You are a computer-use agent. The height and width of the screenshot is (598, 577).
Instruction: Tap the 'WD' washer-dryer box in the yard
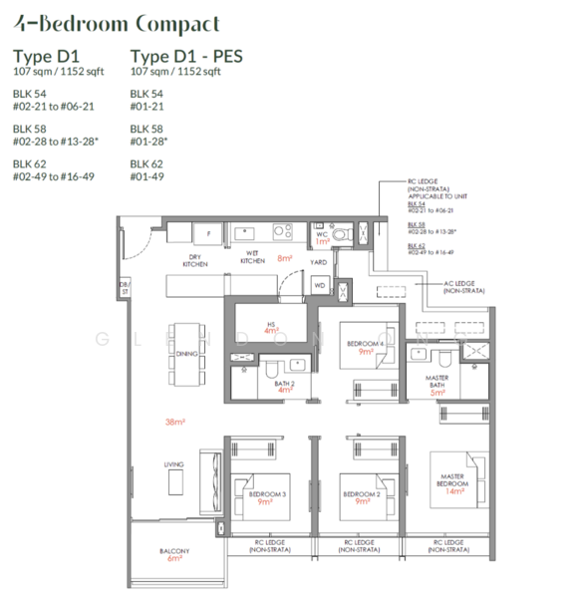[320, 285]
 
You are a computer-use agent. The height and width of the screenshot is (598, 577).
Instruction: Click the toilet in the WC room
[341, 234]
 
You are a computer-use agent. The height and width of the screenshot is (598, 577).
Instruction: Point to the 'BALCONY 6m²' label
[174, 554]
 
